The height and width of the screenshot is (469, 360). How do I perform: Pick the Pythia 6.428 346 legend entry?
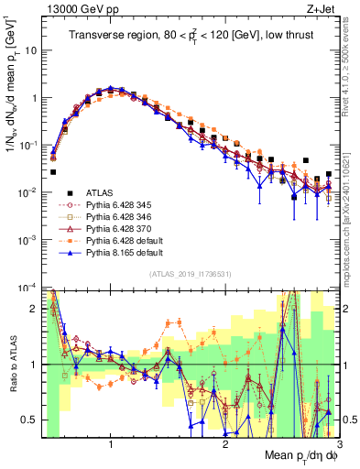pyautogui.click(x=113, y=219)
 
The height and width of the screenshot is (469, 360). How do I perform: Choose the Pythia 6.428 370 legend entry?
pyautogui.click(x=113, y=233)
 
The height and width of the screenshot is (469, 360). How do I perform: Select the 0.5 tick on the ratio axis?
pyautogui.click(x=31, y=420)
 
